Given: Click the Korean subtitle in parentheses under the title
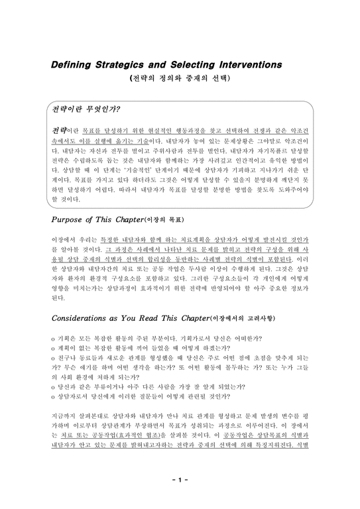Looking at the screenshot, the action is click(x=180, y=78).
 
